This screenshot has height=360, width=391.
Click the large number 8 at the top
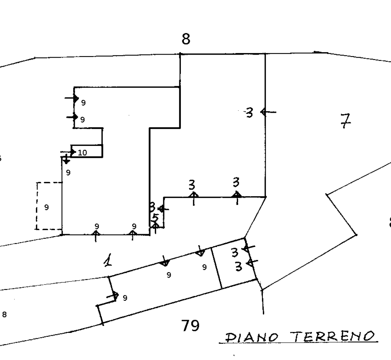tap(186, 39)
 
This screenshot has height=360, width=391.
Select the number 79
tap(190, 326)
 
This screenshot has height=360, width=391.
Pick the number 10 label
tap(82, 153)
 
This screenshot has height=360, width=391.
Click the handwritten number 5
tap(155, 218)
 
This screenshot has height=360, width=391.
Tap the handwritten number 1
tap(108, 262)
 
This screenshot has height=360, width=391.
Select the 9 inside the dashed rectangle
tap(46, 207)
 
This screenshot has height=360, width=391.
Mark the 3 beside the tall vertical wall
tap(250, 113)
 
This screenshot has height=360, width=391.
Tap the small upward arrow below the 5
tap(155, 228)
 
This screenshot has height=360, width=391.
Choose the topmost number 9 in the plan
tap(83, 103)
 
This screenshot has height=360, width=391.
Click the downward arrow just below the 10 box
tap(66, 159)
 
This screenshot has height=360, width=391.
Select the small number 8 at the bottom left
tap(4, 314)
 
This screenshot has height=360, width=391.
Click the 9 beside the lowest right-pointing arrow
tap(125, 298)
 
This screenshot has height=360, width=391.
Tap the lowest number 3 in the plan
tap(239, 266)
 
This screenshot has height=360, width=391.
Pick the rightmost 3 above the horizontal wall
tap(236, 182)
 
